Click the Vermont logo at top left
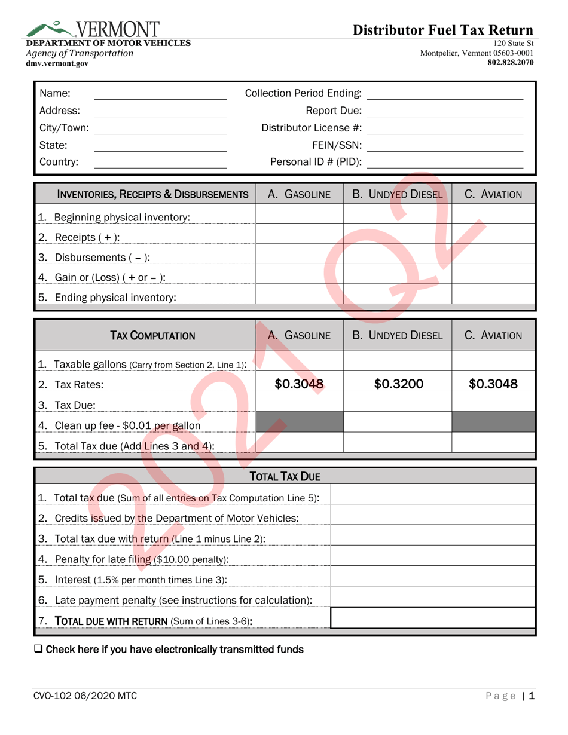pyautogui.click(x=93, y=29)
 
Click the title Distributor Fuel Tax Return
pyautogui.click(x=442, y=30)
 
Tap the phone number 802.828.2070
pyautogui.click(x=511, y=62)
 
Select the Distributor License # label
pyautogui.click(x=312, y=128)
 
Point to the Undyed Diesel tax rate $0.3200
pyautogui.click(x=398, y=384)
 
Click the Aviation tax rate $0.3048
pyautogui.click(x=493, y=384)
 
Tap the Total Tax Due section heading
pyautogui.click(x=285, y=476)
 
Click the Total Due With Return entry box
pyautogui.click(x=432, y=618)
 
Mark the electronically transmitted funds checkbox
pyautogui.click(x=38, y=650)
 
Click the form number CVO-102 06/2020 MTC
pyautogui.click(x=85, y=696)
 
